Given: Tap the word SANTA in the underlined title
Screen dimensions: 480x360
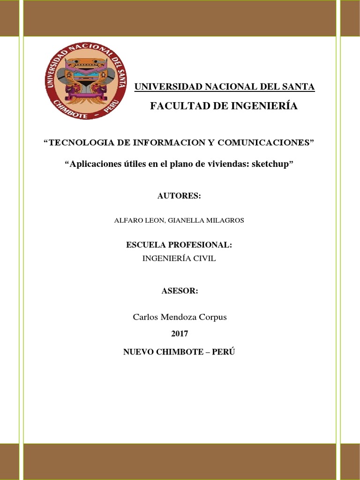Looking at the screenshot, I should pos(298,87).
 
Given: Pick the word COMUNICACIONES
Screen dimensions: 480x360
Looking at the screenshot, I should pos(268,143).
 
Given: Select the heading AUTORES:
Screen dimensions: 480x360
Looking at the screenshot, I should pos(179,196).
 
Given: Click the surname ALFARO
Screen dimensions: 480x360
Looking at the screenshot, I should pos(128,220).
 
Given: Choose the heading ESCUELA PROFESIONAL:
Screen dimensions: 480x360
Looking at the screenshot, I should pos(179,245).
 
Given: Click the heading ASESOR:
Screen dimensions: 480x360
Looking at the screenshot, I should pos(180,291).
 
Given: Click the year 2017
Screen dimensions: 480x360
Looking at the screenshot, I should pos(179,334).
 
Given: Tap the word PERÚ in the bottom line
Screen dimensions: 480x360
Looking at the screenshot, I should pos(223,352).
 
